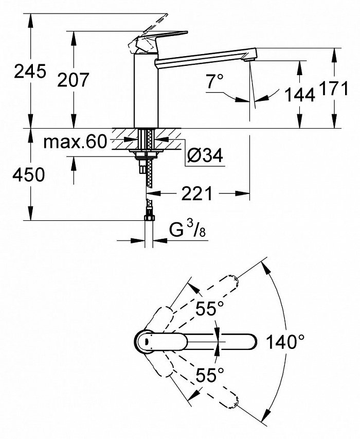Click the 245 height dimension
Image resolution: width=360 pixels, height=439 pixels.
pos(30,71)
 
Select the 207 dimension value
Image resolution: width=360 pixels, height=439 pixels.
pos(74,79)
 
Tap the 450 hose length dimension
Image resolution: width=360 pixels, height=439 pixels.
pos(29,174)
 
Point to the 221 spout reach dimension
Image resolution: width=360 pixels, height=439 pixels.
pos(197,194)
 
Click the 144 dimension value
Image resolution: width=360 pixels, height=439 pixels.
pos(300,95)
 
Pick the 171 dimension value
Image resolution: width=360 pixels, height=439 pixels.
pos(334,89)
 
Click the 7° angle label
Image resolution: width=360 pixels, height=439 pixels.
pos(215,81)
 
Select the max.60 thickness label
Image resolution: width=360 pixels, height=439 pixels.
pos(75,142)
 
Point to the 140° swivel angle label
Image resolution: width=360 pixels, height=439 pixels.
pos(285,342)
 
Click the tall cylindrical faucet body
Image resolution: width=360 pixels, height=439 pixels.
pos(146,90)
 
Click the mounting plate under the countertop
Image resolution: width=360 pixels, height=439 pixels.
pos(146,152)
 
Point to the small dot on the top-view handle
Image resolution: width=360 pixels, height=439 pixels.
pos(146,341)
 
